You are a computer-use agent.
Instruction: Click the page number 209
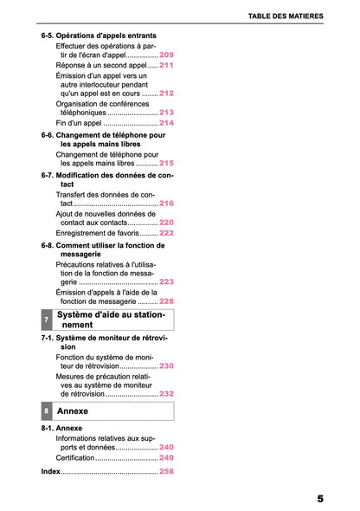point(166,55)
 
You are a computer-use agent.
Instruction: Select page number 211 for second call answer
point(166,65)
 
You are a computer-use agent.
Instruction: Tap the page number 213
point(166,113)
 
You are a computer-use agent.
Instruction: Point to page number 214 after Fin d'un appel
point(166,123)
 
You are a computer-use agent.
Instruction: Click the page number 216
point(166,203)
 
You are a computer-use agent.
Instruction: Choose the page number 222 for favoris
point(166,233)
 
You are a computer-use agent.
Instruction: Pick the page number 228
point(166,301)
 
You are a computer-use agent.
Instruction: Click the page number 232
point(166,394)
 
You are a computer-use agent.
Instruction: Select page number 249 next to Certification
point(166,457)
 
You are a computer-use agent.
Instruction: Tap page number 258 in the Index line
point(166,472)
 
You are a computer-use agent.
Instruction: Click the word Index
point(51,472)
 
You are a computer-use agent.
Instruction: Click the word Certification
point(74,457)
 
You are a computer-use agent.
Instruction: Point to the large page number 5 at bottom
point(320,499)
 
